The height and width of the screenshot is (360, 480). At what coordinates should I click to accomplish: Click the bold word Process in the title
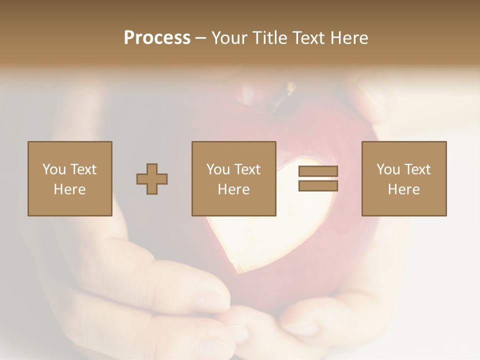pos(157,38)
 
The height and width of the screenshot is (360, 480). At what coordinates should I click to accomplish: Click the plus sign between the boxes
pos(152,179)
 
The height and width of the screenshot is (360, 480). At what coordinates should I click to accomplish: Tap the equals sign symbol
pos(318,178)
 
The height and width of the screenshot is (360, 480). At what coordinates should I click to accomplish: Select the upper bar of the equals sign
pos(318,171)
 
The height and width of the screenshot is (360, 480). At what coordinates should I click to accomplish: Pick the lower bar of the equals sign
pos(318,186)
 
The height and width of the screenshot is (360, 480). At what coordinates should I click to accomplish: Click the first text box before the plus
pos(70,178)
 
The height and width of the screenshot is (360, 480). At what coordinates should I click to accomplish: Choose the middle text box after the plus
pos(234,178)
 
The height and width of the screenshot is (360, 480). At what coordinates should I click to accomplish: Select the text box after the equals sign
pos(404,178)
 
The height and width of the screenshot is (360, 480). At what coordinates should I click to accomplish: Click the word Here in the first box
pos(70,189)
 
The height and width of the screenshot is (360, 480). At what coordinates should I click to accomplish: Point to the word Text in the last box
pos(417,169)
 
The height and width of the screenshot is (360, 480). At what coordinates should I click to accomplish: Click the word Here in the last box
pos(404,189)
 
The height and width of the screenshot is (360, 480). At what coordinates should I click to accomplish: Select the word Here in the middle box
pos(234,189)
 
